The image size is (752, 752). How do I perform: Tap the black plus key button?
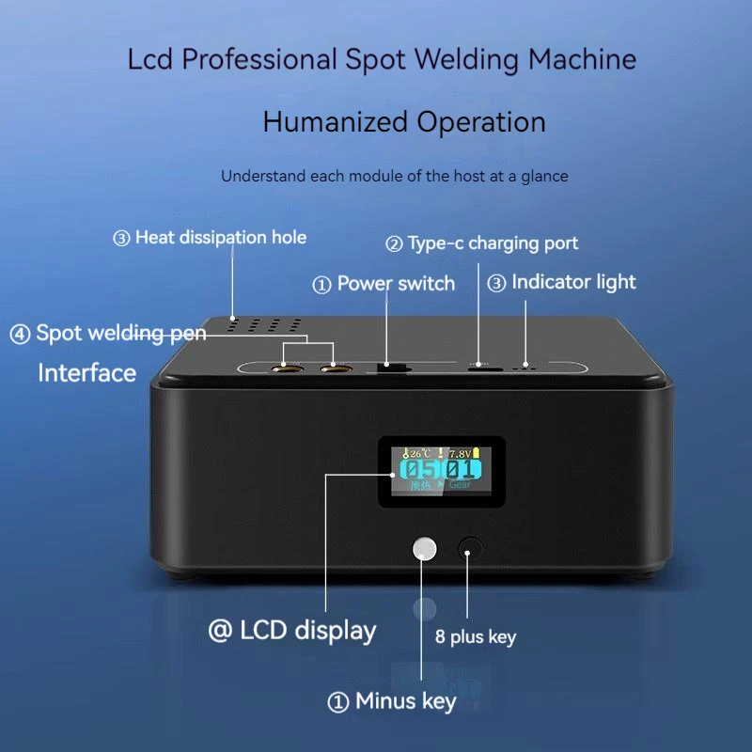[x=469, y=548]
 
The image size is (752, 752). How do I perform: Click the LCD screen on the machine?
[x=442, y=468]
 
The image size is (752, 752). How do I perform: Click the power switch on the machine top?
[x=387, y=365]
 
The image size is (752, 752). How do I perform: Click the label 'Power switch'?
[x=396, y=284]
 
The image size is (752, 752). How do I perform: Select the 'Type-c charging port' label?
[x=493, y=243]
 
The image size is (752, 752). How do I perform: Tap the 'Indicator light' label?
[x=573, y=282]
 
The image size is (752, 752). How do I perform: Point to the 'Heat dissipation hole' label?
[x=221, y=238]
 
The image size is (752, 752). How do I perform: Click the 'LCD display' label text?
[x=307, y=631]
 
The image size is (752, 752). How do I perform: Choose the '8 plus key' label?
[x=476, y=637]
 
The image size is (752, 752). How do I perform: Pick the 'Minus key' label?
[x=405, y=701]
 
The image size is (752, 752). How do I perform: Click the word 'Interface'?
[x=87, y=373]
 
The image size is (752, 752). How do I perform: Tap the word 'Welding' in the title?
[x=462, y=59]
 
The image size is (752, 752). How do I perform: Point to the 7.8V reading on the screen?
[x=461, y=453]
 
